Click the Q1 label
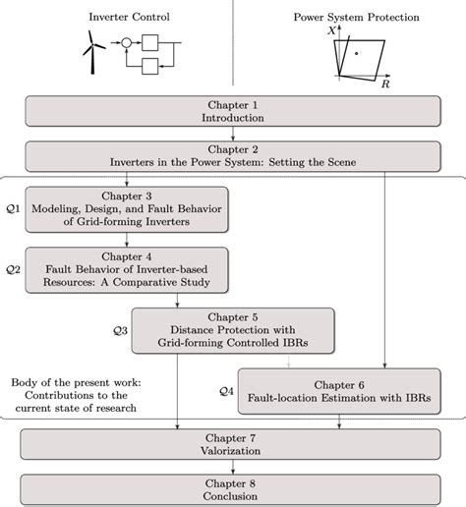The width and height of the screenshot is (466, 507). click(x=12, y=209)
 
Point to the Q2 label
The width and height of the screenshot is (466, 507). click(x=12, y=267)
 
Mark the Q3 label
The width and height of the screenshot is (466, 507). click(x=120, y=330)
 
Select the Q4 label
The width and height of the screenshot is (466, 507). click(x=225, y=391)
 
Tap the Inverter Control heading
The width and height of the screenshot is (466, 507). click(x=118, y=16)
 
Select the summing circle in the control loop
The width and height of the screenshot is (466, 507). click(x=124, y=43)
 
